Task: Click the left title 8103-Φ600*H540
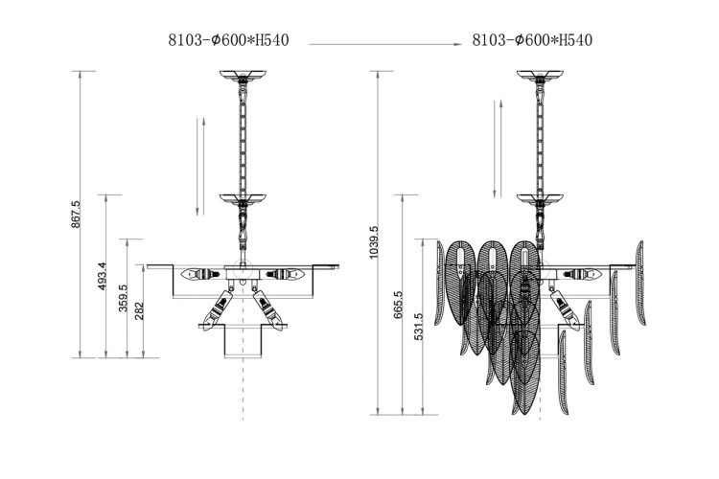click(x=229, y=40)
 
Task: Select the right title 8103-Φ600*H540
click(x=532, y=40)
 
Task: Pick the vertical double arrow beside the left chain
click(x=198, y=165)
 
